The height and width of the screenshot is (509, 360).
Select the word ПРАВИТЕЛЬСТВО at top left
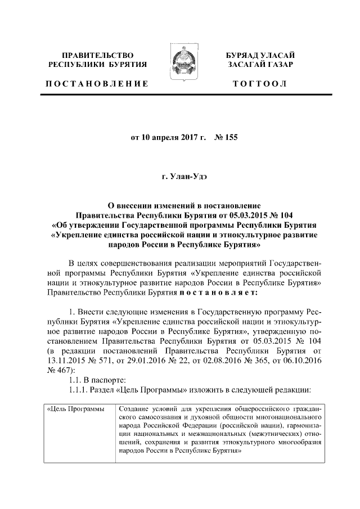click(x=97, y=55)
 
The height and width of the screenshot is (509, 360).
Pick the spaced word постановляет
click(x=218, y=293)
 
